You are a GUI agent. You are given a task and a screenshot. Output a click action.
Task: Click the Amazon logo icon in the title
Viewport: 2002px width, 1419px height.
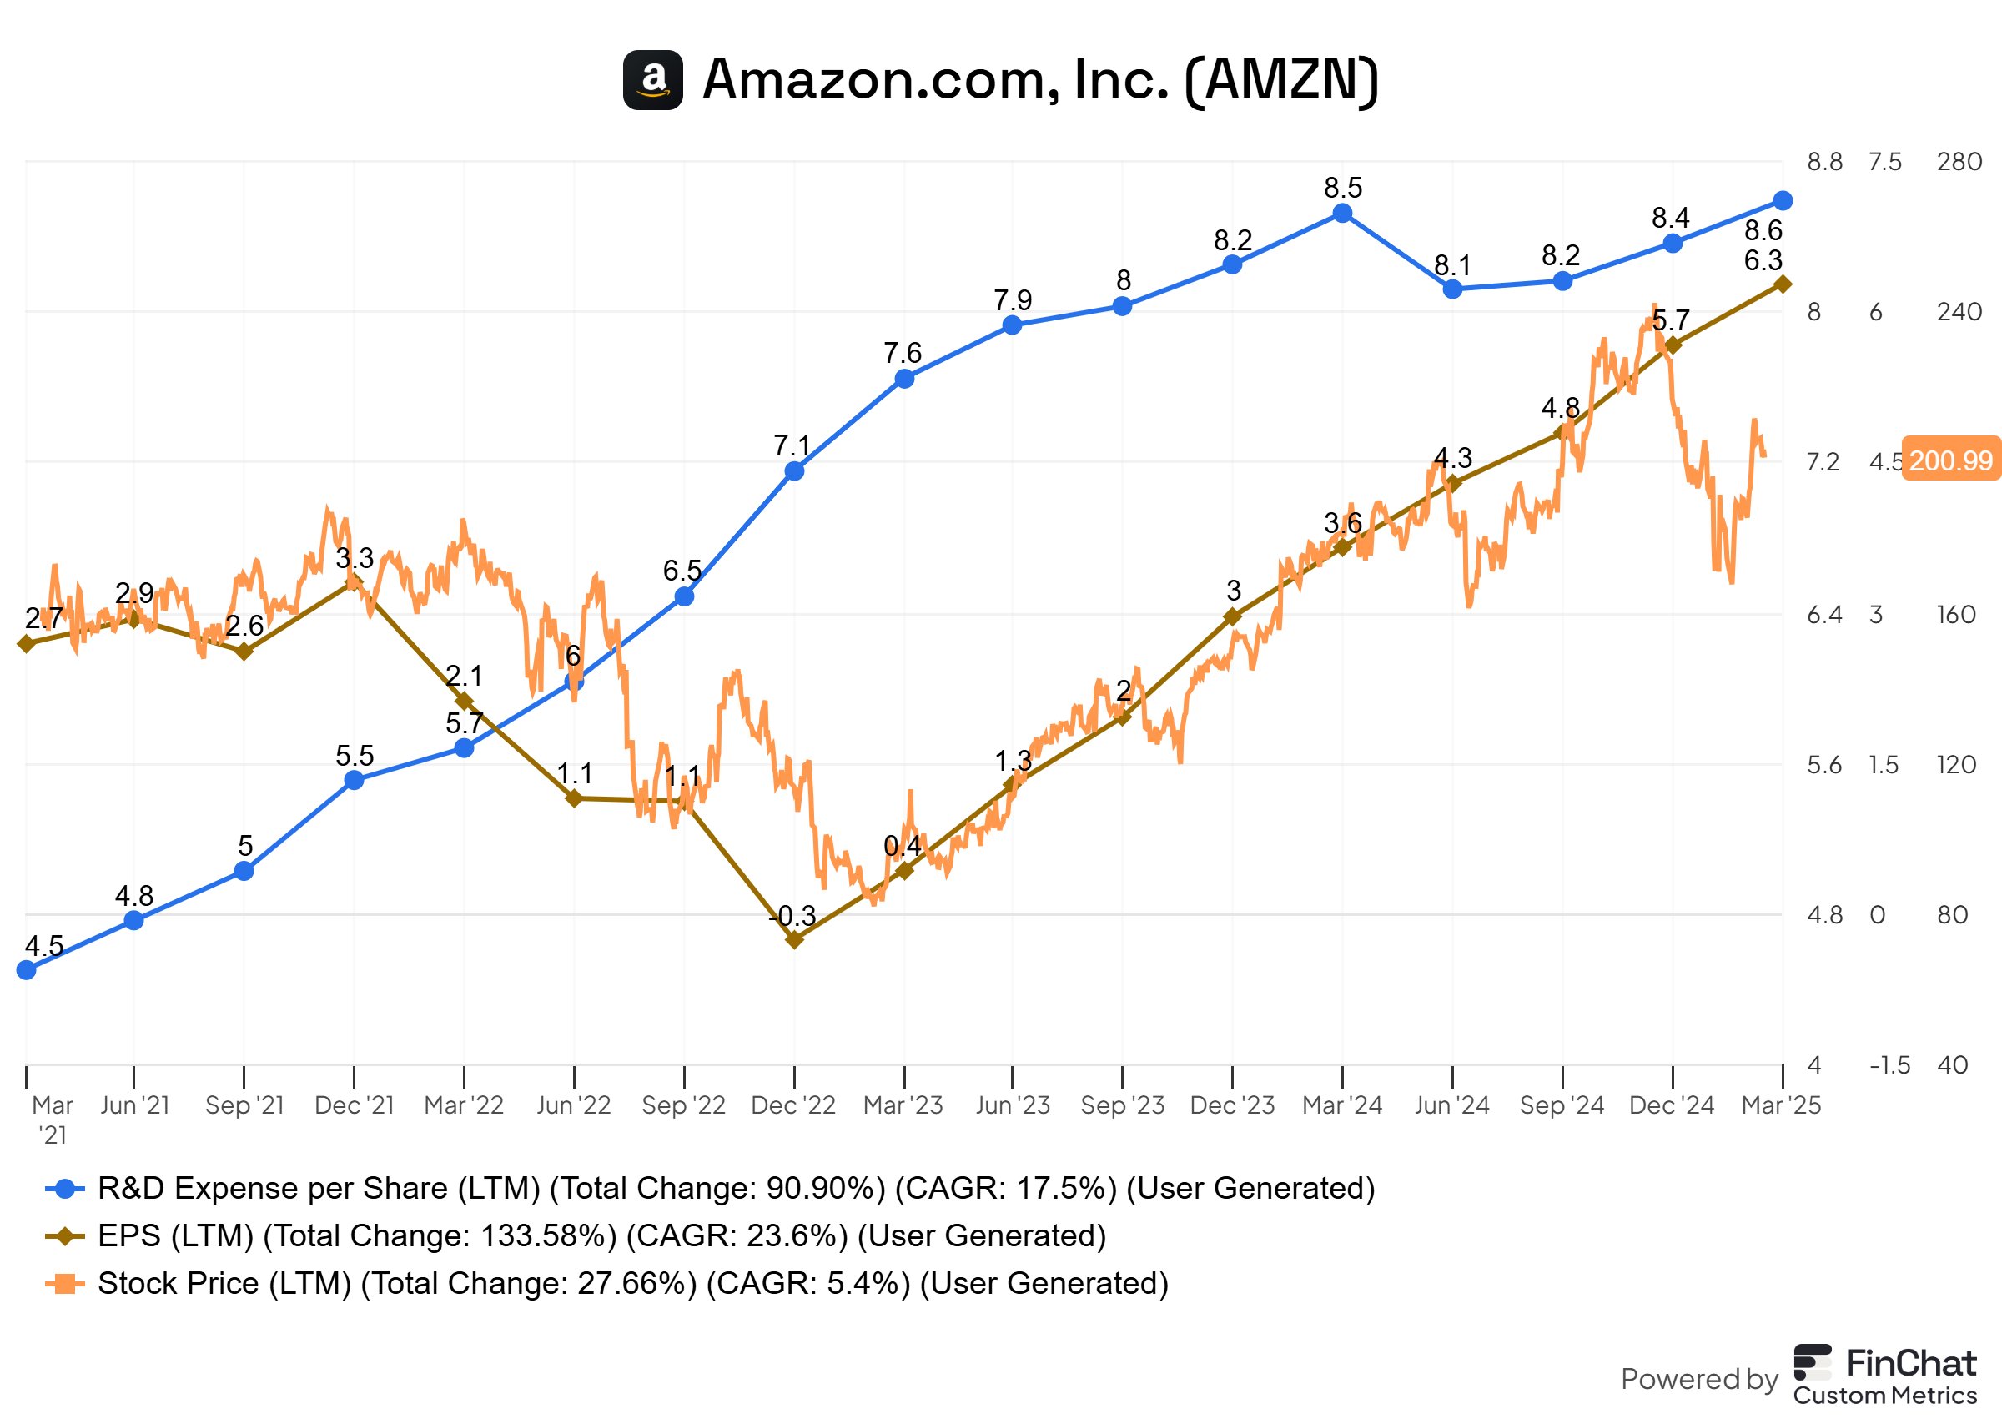point(652,79)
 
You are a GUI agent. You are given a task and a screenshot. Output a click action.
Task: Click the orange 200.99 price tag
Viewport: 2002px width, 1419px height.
point(1950,460)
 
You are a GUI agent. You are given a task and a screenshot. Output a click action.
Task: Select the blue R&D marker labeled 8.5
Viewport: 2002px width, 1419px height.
point(1342,214)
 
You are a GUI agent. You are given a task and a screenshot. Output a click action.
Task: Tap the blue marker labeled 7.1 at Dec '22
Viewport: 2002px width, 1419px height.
point(794,472)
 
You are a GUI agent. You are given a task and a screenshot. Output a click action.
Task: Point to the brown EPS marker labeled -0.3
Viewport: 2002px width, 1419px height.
point(794,940)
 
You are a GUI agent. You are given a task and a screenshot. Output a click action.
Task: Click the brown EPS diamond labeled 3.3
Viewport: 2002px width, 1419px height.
point(354,581)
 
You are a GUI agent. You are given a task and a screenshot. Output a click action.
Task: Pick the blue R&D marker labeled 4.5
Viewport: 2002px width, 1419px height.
point(26,970)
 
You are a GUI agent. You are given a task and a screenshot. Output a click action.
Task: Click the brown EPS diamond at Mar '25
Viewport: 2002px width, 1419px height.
point(1783,284)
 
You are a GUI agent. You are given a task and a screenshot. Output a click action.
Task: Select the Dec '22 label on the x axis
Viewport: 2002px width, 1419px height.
point(793,1105)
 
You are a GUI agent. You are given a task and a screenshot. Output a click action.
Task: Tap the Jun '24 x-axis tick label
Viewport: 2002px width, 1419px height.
point(1451,1105)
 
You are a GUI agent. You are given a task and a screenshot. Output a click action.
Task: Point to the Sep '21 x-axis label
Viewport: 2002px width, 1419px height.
point(244,1105)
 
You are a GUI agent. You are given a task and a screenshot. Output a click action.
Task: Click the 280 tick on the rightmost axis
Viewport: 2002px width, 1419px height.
point(1959,162)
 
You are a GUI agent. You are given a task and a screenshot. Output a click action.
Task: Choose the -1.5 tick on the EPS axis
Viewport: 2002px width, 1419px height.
point(1889,1065)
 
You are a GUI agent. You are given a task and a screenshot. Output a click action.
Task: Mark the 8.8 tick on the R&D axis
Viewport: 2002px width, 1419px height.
point(1824,162)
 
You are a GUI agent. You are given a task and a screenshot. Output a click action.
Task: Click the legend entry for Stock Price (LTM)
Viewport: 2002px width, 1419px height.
point(632,1284)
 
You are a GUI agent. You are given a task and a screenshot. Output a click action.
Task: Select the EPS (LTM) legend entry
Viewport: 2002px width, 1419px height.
point(601,1236)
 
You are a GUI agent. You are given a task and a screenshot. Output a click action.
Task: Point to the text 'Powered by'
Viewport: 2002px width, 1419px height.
point(1699,1379)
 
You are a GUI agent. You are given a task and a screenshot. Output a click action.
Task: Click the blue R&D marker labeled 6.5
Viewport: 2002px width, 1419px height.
point(684,596)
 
